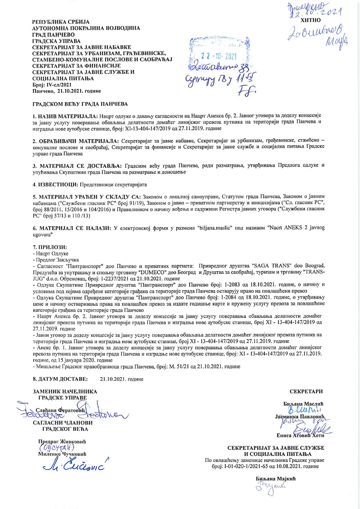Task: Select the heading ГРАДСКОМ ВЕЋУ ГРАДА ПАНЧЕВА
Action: click(80, 104)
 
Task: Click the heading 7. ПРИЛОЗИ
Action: click(50, 247)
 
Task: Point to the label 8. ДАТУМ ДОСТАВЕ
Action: click(60, 379)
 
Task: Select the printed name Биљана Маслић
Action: click(303, 404)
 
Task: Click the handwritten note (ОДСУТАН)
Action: click(57, 447)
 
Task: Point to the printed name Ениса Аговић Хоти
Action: click(300, 435)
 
